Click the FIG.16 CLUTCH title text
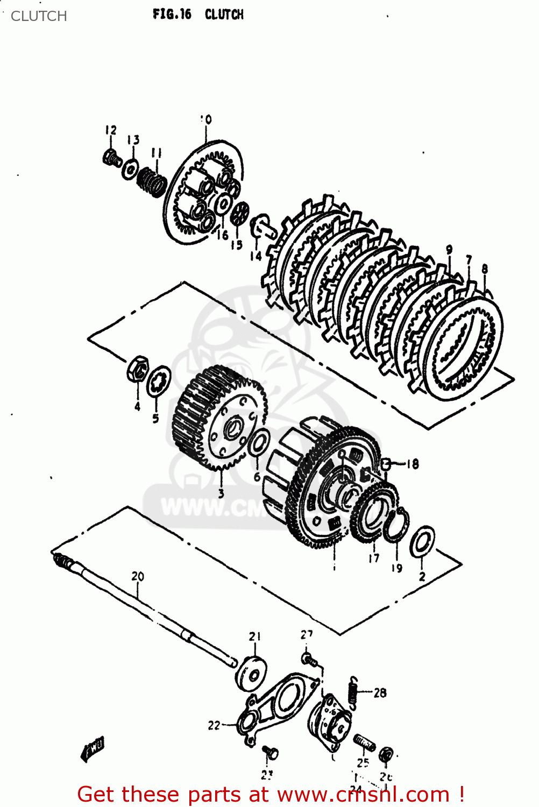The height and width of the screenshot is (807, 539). coord(198,15)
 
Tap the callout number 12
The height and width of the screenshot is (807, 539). coord(111,130)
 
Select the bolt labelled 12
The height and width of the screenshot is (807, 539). coord(111,158)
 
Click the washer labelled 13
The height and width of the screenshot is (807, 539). coord(131,169)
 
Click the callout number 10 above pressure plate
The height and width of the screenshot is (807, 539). coord(206,119)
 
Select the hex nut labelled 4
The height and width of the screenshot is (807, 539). coord(137,370)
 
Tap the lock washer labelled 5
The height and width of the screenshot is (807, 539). coord(159,381)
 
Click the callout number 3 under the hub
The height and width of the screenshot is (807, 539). coord(221,493)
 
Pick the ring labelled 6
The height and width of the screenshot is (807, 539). coord(259,443)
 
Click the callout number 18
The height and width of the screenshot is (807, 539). coord(413,464)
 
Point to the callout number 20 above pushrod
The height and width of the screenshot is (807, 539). coord(138,576)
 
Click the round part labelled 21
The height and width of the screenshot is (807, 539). coord(251,672)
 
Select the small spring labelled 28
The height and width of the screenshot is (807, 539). coord(353,691)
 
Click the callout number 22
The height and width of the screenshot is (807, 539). coord(214,725)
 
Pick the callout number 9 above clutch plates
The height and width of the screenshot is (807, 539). coord(449,250)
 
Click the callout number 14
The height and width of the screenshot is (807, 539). coord(256,256)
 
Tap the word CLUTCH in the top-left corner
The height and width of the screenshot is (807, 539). coord(39,16)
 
